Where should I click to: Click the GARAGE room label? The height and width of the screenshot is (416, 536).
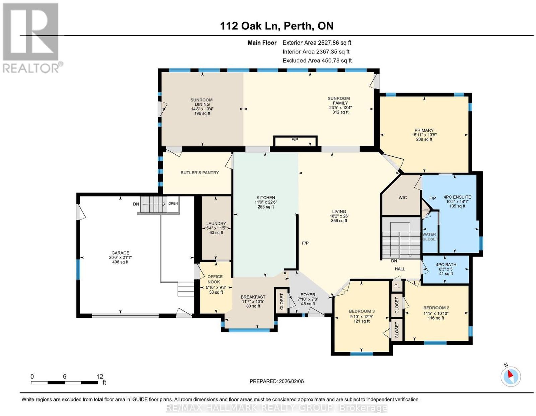point(120,253)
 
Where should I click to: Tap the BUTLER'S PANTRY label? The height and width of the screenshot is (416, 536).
point(200,173)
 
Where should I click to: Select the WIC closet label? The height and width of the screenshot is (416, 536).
point(403,197)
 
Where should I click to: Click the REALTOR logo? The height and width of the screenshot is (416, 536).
point(31,38)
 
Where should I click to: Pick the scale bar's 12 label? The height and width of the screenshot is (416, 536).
point(99,377)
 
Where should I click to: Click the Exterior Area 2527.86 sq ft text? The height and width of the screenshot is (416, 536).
point(317,43)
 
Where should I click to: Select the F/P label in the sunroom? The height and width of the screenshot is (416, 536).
point(295,140)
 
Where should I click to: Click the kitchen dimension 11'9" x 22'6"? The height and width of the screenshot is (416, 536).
point(266,202)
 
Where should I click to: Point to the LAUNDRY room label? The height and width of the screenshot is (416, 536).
point(216,223)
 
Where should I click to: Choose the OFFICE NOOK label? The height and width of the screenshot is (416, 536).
point(215,279)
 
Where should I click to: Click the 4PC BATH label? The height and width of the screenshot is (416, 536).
point(446,264)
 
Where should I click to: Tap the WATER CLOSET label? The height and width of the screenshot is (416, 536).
point(430,237)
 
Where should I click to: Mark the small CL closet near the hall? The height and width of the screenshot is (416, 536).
point(397,286)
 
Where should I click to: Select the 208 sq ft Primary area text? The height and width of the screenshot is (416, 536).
point(424,139)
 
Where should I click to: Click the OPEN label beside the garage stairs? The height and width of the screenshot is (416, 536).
point(173,204)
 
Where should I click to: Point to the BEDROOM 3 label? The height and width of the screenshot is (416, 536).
point(361,311)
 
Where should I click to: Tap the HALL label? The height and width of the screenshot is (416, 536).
point(400,269)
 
